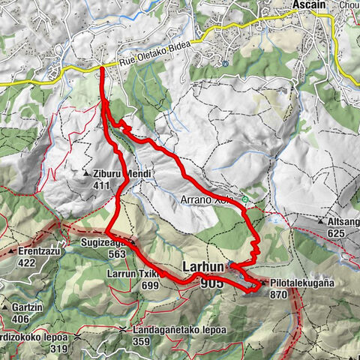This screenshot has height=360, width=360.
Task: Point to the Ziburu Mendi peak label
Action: [x=123, y=173]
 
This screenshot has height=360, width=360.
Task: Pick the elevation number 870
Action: [x=280, y=295]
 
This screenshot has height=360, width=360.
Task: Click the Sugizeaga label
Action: [x=103, y=243]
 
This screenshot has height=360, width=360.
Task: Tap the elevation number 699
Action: [x=149, y=285]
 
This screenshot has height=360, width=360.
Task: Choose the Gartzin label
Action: [x=22, y=307]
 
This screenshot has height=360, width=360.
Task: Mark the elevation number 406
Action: [x=20, y=318]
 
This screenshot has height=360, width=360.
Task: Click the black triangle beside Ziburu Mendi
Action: [x=86, y=174]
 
